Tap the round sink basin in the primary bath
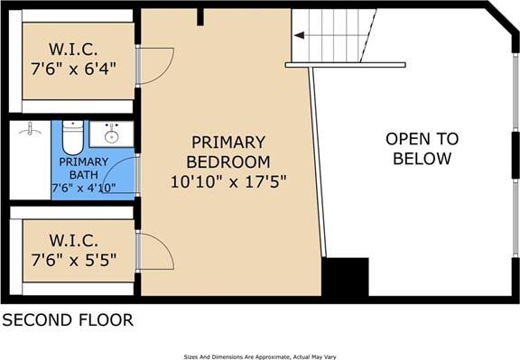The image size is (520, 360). [x=112, y=136]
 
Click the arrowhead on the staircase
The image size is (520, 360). [x=298, y=36]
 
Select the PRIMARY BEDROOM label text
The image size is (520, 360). [x=227, y=152]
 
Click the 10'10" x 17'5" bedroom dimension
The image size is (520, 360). [x=227, y=181]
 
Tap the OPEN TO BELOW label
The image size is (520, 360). [x=422, y=149]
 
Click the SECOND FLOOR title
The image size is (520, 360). [x=67, y=319]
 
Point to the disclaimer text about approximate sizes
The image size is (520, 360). [x=259, y=355]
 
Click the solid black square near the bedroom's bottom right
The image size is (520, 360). [x=346, y=277]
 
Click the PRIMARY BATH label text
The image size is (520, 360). [x=84, y=168]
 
